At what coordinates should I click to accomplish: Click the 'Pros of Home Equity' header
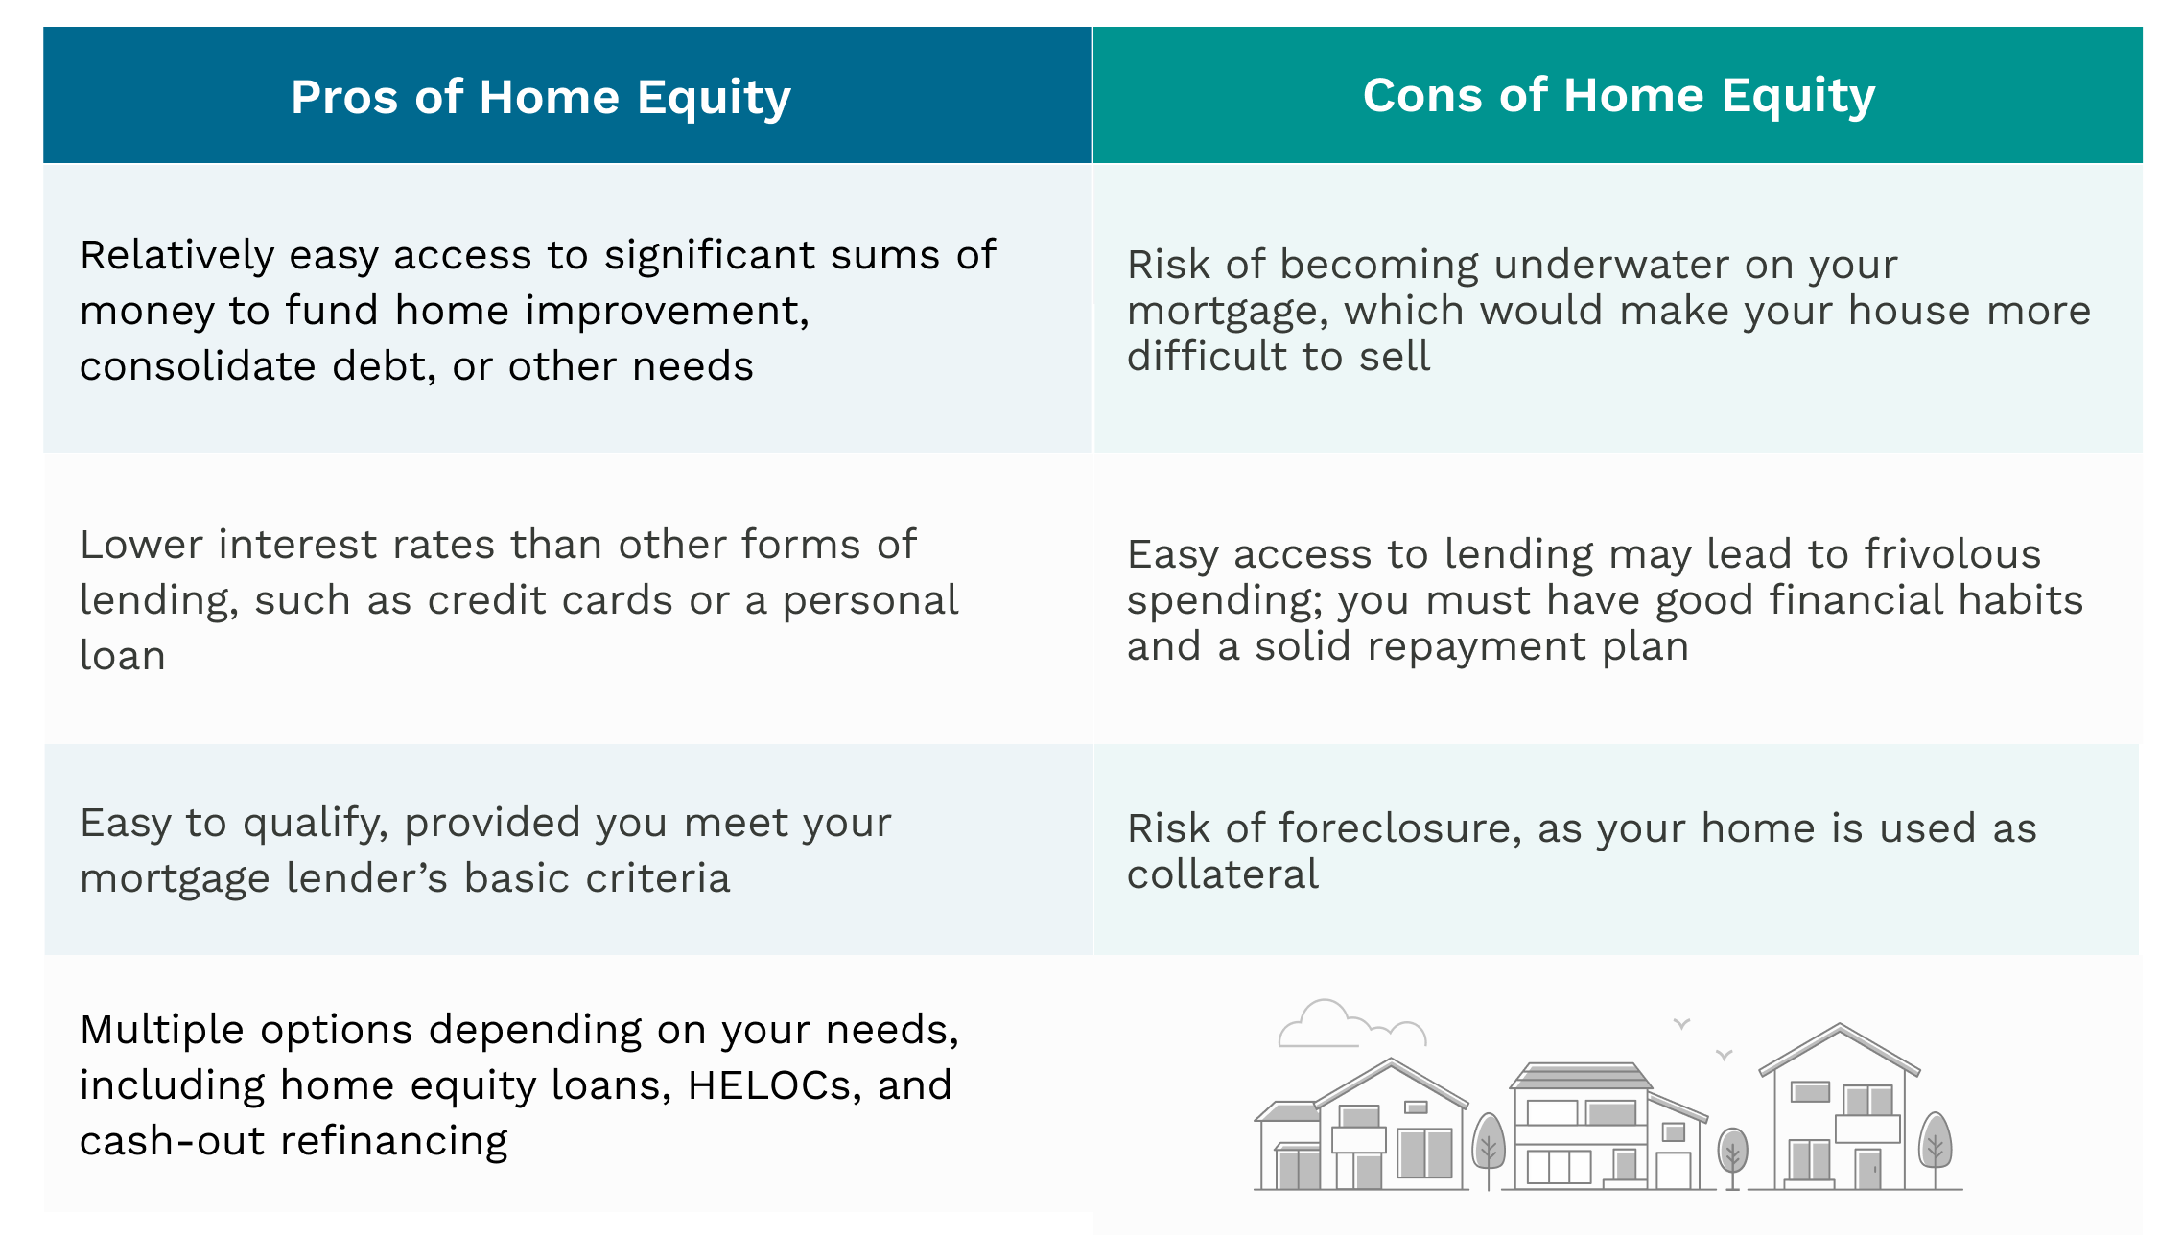point(540,98)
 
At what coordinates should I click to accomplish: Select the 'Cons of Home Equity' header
point(1618,96)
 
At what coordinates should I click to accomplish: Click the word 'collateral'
point(1222,874)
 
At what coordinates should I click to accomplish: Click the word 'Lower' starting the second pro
point(141,545)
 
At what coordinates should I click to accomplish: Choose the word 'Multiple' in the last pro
point(162,1030)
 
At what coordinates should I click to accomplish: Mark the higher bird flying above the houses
point(1681,1023)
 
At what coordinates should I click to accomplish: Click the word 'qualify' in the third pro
point(314,823)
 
